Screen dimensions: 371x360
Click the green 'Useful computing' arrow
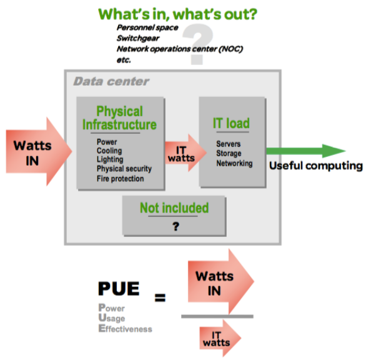tap(306, 151)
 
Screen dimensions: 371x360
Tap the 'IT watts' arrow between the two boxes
tap(185, 152)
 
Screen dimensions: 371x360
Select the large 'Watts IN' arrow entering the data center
tap(39, 152)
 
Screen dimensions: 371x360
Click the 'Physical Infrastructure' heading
tap(119, 118)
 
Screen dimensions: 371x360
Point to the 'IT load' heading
tap(231, 123)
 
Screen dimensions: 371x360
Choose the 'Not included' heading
tap(174, 207)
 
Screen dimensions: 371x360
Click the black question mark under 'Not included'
tap(176, 226)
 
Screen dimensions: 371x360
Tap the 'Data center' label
tap(111, 81)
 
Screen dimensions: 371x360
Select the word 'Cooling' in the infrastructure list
tap(109, 151)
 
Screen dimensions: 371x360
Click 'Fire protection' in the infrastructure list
tap(120, 178)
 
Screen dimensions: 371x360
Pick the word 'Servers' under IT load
tap(229, 144)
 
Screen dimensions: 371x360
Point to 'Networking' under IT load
tap(234, 163)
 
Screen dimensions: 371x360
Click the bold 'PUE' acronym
tap(119, 289)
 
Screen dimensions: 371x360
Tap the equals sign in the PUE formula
tap(160, 297)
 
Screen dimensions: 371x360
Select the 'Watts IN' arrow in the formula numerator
tap(221, 282)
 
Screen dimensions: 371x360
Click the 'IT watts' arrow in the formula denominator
tap(220, 338)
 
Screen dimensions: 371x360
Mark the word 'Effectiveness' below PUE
tap(125, 329)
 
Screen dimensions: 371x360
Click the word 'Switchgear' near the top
tap(138, 38)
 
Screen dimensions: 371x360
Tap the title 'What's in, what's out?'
tap(177, 14)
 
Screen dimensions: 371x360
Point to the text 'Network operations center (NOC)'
tap(180, 49)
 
